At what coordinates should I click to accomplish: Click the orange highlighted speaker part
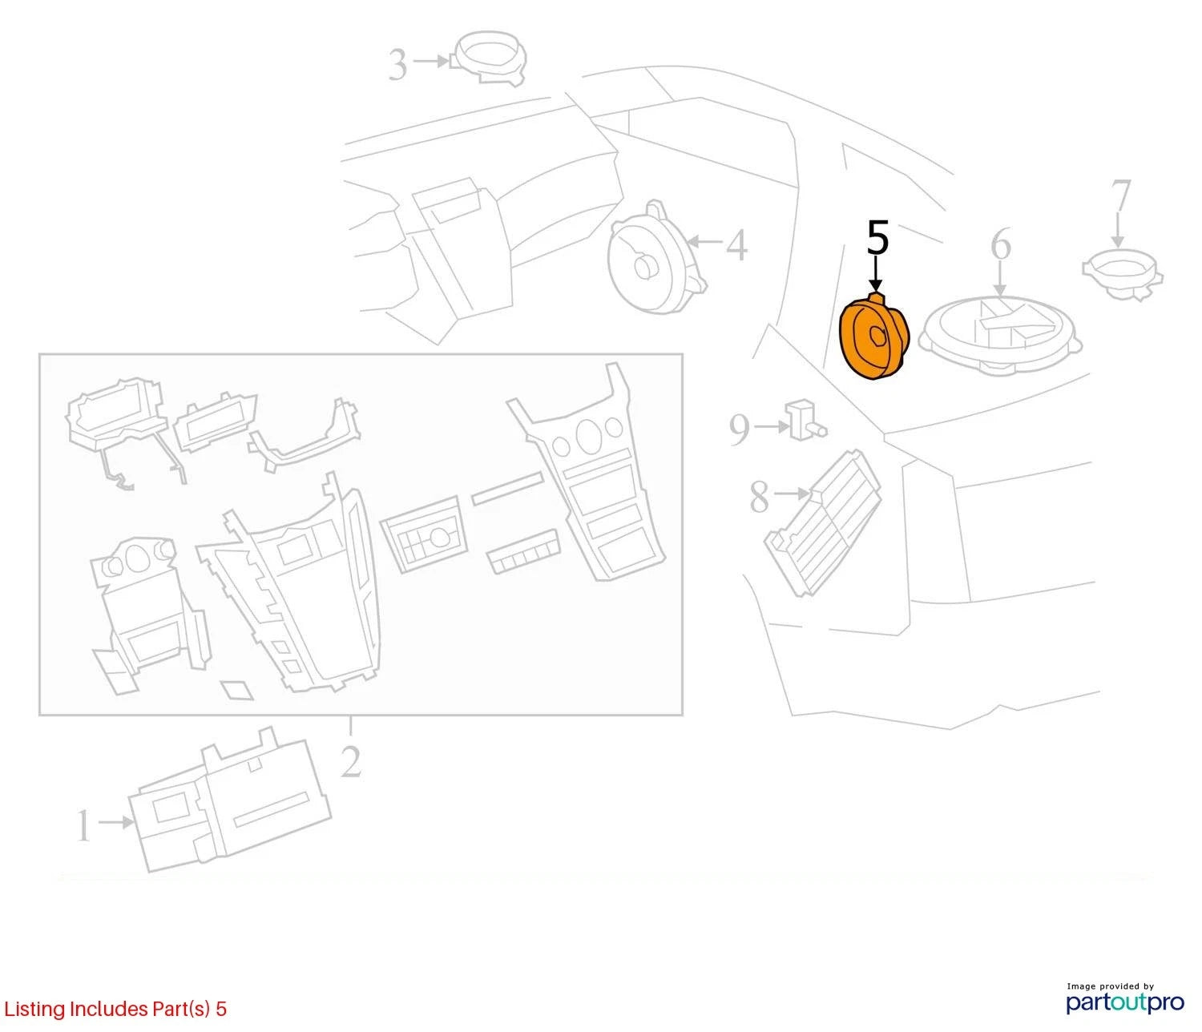pyautogui.click(x=873, y=338)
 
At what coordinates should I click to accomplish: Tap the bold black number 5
pyautogui.click(x=877, y=237)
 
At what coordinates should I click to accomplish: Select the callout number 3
pyautogui.click(x=397, y=65)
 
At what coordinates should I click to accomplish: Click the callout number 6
pyautogui.click(x=1001, y=244)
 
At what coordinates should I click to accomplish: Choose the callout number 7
pyautogui.click(x=1120, y=196)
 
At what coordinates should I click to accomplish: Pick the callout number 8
pyautogui.click(x=759, y=497)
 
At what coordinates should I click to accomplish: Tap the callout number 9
pyautogui.click(x=740, y=429)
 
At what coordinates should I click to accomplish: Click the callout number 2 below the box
pyautogui.click(x=351, y=761)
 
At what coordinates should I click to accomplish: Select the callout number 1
pyautogui.click(x=83, y=825)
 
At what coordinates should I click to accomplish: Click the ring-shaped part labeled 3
pyautogui.click(x=490, y=58)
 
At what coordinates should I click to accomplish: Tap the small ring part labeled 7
pyautogui.click(x=1123, y=274)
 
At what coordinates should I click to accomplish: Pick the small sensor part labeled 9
pyautogui.click(x=806, y=420)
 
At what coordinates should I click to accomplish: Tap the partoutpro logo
pyautogui.click(x=1124, y=1002)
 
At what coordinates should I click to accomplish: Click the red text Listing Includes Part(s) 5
pyautogui.click(x=115, y=1009)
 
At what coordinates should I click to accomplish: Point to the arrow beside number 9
pyautogui.click(x=772, y=427)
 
